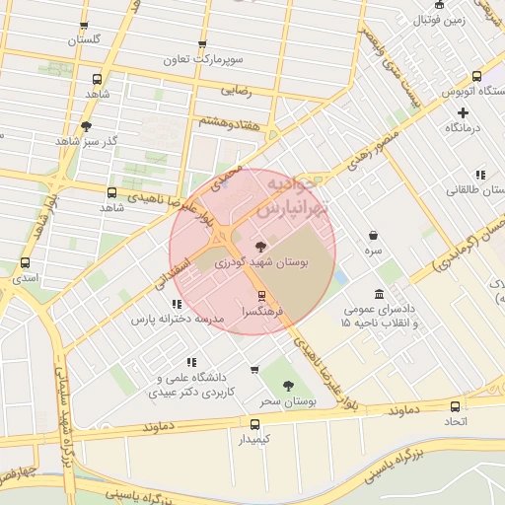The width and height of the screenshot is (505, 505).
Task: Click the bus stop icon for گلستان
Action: [x=84, y=27]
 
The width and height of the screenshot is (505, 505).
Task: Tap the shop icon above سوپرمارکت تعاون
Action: [x=202, y=44]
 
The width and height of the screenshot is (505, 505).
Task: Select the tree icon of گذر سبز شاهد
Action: [x=86, y=126]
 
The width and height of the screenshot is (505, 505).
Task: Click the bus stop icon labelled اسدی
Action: [x=25, y=263]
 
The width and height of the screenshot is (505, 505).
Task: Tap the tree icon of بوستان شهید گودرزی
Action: [x=260, y=247]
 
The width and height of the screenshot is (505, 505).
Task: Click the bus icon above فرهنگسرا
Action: [x=261, y=295]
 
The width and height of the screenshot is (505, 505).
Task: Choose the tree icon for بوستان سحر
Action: [x=288, y=386]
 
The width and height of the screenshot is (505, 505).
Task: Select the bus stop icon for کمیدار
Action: [x=254, y=423]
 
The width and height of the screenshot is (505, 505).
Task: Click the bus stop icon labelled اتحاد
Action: [x=455, y=406]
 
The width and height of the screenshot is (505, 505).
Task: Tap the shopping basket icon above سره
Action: [x=373, y=236]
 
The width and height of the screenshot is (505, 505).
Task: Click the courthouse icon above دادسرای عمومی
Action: [x=380, y=295]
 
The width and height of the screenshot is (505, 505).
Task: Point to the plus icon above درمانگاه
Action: [x=463, y=112]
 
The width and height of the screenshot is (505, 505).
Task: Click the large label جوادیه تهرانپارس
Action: [x=296, y=197]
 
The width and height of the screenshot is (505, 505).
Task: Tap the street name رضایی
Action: [x=235, y=90]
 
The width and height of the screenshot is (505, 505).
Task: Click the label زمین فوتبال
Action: [x=437, y=19]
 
